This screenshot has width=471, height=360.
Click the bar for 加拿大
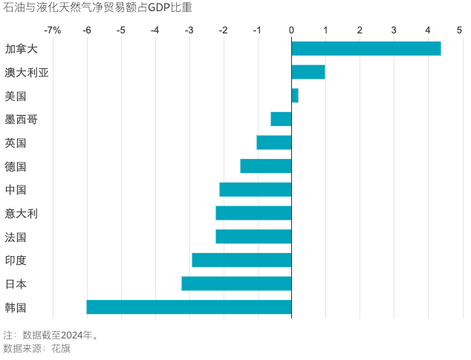tap(366, 48)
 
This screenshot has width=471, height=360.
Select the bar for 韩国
tap(189, 307)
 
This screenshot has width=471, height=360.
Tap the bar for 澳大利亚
tap(308, 72)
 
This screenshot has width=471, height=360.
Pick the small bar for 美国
tap(295, 96)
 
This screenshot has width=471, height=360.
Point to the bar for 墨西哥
tap(281, 119)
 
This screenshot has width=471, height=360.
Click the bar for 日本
tap(236, 284)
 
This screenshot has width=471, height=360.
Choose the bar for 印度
tap(241, 260)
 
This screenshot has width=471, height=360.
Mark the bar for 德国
tap(265, 166)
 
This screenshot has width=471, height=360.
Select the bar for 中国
tap(256, 189)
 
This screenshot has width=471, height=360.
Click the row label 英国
tap(16, 143)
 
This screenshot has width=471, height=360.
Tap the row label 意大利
tap(21, 213)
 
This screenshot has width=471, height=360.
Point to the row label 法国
tap(16, 237)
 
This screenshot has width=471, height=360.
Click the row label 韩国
tap(16, 307)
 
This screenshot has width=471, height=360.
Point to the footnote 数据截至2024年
tap(61, 335)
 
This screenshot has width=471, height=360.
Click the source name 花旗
tap(61, 348)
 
